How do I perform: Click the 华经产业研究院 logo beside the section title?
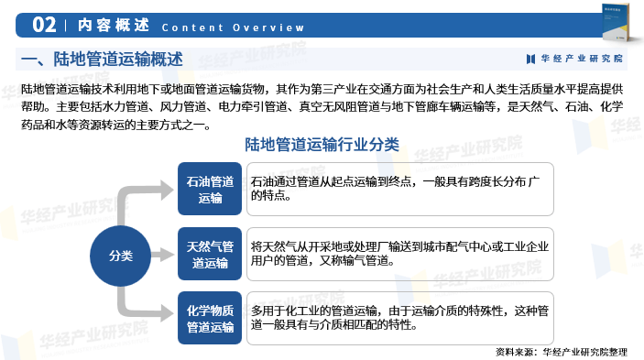574,59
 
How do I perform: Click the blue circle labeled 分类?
120,254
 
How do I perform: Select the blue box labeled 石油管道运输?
210,189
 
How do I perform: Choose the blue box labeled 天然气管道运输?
210,254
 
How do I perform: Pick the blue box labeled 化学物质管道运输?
210,318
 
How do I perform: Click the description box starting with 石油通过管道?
399,189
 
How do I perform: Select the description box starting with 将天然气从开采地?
399,254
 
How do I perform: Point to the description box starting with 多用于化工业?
399,318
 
